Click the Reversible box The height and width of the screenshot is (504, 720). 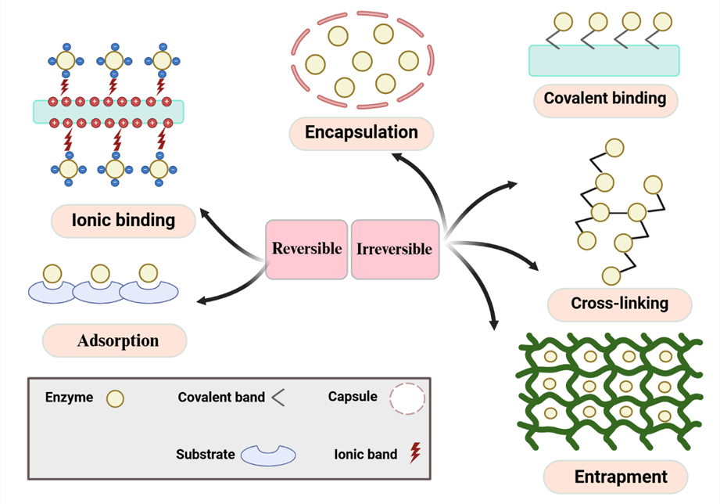(x=306, y=249)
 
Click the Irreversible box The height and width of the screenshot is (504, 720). (x=394, y=250)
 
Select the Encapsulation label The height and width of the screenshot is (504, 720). (x=361, y=132)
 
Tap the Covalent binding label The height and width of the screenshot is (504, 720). (x=604, y=99)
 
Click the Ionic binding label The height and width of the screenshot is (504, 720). (x=123, y=220)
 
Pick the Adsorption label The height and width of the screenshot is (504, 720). (x=118, y=340)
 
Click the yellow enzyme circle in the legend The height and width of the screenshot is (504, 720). (x=115, y=398)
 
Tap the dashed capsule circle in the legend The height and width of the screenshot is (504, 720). (x=407, y=398)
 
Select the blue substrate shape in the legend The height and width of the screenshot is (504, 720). (x=267, y=455)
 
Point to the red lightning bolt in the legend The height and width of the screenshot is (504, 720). (x=415, y=453)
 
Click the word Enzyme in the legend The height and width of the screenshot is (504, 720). (x=69, y=398)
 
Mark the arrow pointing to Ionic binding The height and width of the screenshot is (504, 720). (x=227, y=231)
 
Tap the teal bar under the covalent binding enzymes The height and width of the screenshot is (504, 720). (x=604, y=60)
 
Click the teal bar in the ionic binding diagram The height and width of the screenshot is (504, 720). (x=108, y=112)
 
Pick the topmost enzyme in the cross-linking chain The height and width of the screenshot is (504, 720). (x=614, y=147)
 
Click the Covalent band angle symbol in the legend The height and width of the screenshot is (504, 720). (x=278, y=398)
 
